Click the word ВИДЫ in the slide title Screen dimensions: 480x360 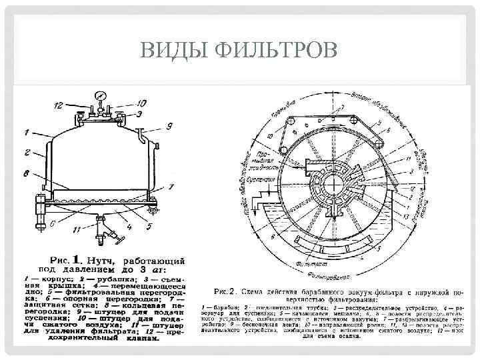point(175,51)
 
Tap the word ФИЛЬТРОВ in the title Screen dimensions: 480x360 point(273,51)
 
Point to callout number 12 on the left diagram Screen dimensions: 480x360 point(58,105)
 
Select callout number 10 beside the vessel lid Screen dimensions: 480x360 point(142,103)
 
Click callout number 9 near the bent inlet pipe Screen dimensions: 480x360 point(169,126)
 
